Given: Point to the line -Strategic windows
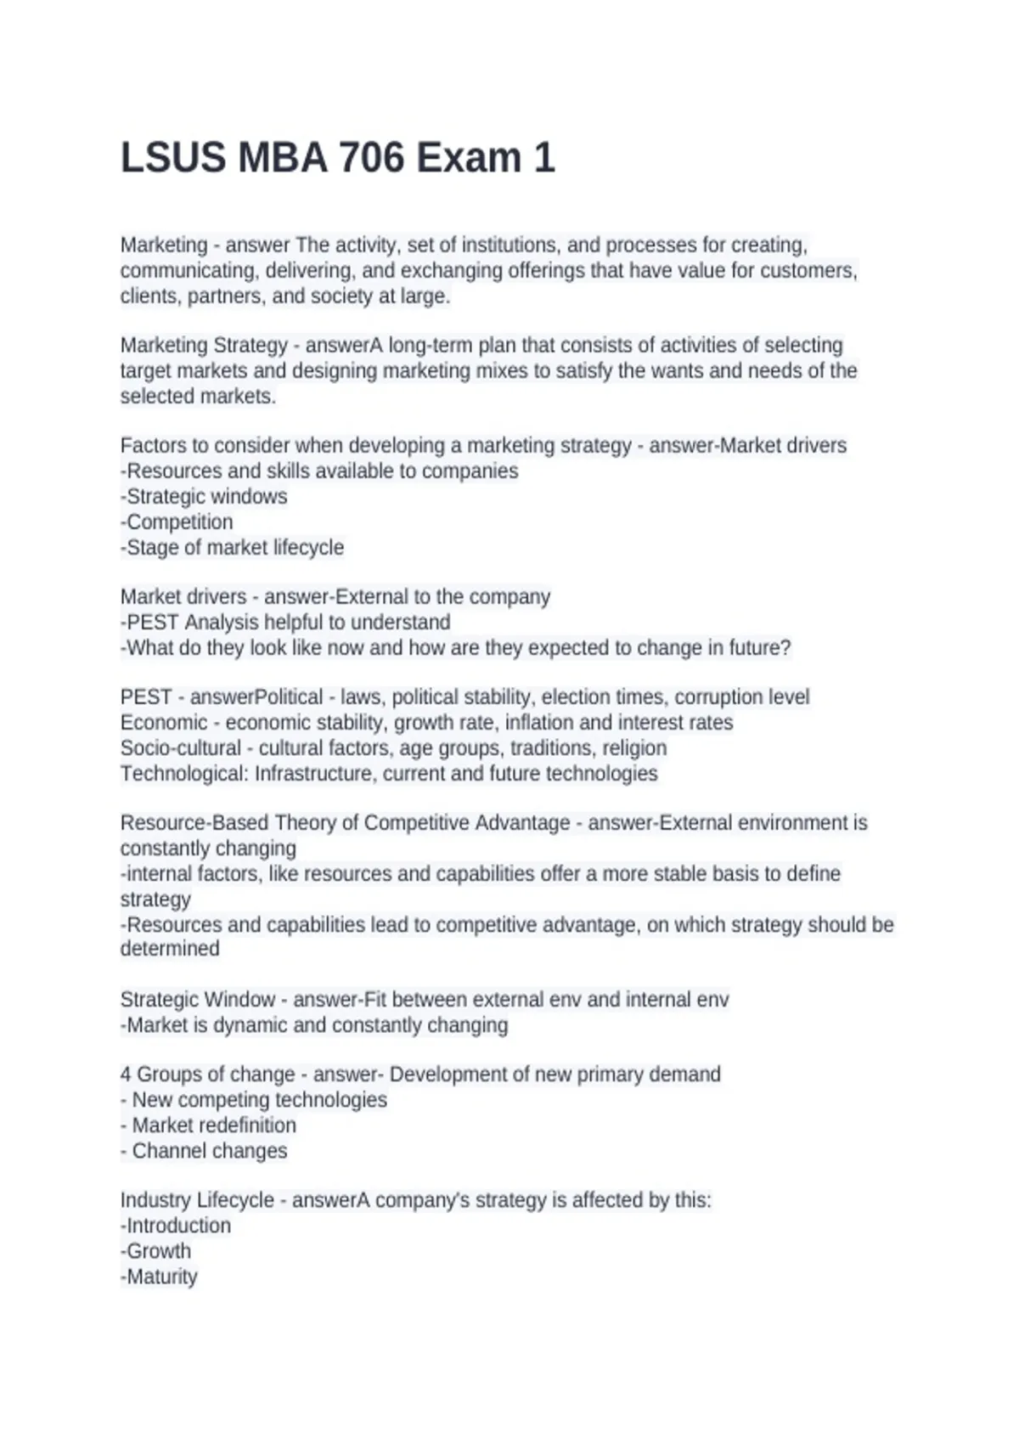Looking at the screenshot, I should [x=204, y=497].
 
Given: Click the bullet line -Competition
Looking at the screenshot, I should [x=177, y=522].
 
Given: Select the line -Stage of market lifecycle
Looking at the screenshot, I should [x=232, y=548].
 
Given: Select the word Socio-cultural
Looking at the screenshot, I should [x=181, y=748].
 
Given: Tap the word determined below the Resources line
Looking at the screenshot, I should [x=170, y=949].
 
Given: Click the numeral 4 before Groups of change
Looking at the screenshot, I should [x=126, y=1075].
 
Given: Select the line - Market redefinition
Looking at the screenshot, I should [x=208, y=1125].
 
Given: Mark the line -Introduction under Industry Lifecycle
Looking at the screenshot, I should [x=176, y=1226].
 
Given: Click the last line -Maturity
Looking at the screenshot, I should [x=159, y=1277].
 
